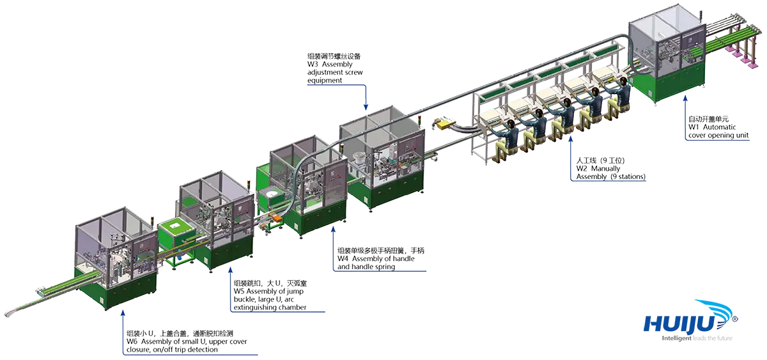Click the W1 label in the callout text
(693, 127)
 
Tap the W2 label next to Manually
(582, 169)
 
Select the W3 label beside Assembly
(313, 65)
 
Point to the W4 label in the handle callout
(343, 258)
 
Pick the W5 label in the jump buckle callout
(239, 291)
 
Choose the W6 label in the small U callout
(132, 341)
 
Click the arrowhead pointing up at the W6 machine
(123, 313)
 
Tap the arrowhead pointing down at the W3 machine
(366, 107)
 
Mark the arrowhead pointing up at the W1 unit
(685, 98)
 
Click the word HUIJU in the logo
(679, 324)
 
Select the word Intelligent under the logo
(676, 338)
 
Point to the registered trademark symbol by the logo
(734, 319)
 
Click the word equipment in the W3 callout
(325, 81)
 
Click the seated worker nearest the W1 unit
(620, 96)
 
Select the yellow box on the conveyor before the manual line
(445, 122)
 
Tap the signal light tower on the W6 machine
(153, 223)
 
